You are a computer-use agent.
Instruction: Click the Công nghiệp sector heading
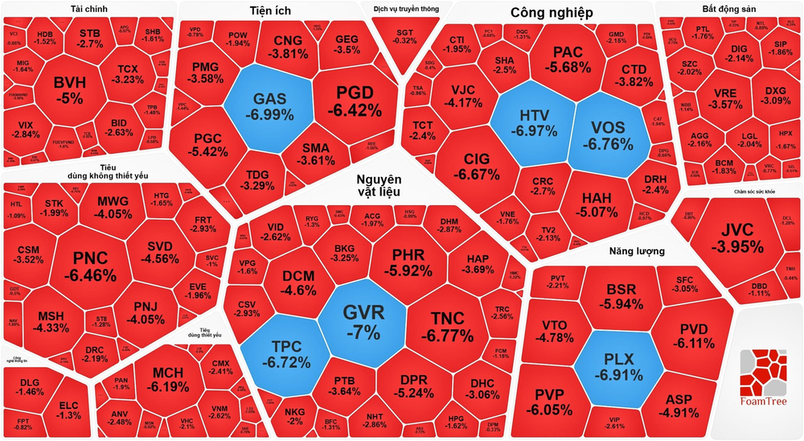(552, 13)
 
